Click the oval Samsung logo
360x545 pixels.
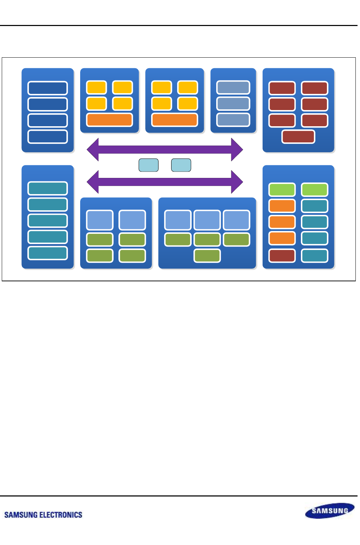pyautogui.click(x=329, y=511)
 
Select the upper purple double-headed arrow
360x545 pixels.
pyautogui.click(x=165, y=149)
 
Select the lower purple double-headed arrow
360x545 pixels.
pyautogui.click(x=165, y=182)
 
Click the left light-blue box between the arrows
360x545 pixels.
pyautogui.click(x=148, y=165)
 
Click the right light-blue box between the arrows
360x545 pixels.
pyautogui.click(x=181, y=165)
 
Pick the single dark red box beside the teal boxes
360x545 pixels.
pyautogui.click(x=282, y=256)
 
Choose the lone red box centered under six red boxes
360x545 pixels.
pyautogui.click(x=298, y=136)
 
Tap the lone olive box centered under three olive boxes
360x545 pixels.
pyautogui.click(x=207, y=256)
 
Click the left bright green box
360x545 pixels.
pyautogui.click(x=282, y=190)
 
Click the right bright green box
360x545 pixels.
pyautogui.click(x=315, y=190)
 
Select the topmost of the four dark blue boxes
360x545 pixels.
pyautogui.click(x=47, y=88)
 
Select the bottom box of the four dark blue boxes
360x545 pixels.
pyautogui.click(x=47, y=136)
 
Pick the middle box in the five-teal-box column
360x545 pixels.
pyautogui.click(x=47, y=220)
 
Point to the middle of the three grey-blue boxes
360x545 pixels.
pyautogui.click(x=233, y=104)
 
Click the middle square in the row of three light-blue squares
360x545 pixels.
pyautogui.click(x=207, y=220)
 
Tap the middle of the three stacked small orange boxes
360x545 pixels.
pyautogui.click(x=282, y=222)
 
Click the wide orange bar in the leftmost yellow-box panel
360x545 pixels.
pyautogui.click(x=109, y=120)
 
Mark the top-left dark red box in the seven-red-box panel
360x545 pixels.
pyautogui.click(x=282, y=88)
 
